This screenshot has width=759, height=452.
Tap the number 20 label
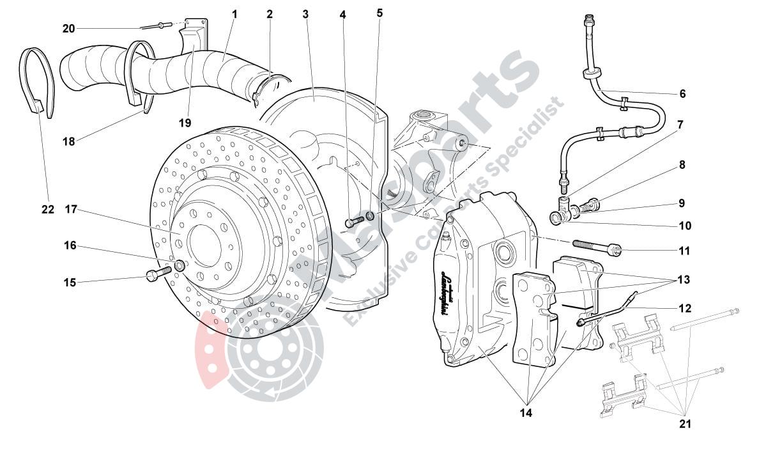tap(69, 28)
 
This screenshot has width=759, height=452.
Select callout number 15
tap(69, 281)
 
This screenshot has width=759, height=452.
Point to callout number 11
tap(684, 251)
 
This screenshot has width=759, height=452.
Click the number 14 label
tap(526, 412)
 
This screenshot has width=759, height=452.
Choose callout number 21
tap(685, 423)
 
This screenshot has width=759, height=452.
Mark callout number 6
tap(682, 94)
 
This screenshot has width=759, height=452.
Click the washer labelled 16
tap(181, 265)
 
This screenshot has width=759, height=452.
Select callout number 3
tap(305, 13)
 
